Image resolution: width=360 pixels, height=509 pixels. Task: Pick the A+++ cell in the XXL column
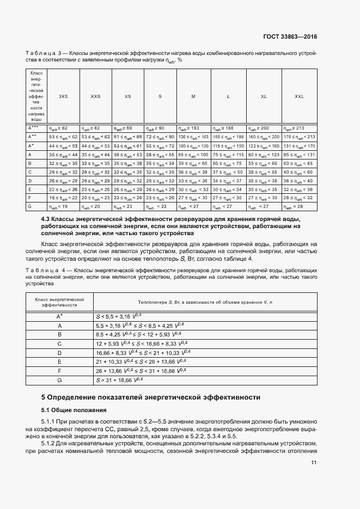(x=299, y=128)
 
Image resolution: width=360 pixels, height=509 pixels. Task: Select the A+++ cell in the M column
(x=193, y=128)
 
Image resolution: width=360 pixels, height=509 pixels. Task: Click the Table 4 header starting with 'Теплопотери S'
(x=204, y=302)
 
